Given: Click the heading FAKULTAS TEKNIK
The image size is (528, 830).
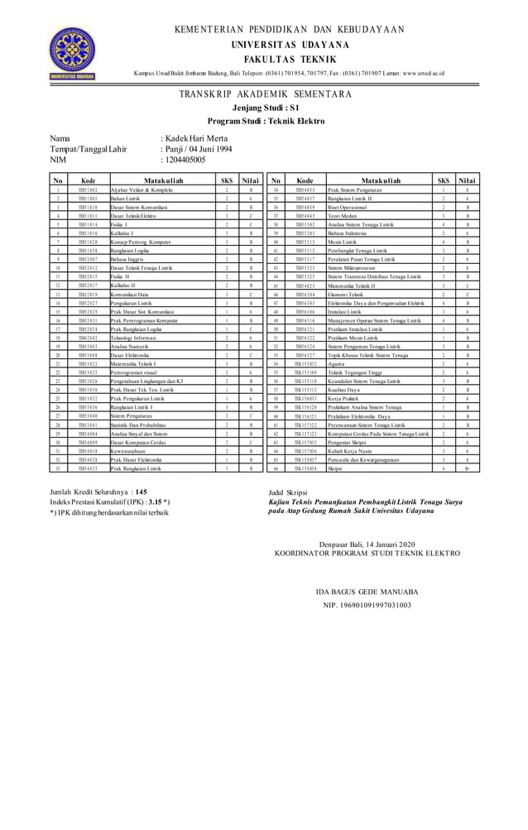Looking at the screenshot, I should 289,60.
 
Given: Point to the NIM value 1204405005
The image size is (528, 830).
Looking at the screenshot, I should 186,159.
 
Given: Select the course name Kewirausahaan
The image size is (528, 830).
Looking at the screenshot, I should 120,451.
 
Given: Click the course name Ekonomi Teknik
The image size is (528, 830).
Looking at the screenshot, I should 345,294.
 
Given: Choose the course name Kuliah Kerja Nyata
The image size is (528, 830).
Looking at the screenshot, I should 350,451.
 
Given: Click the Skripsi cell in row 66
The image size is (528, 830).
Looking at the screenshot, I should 335,468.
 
